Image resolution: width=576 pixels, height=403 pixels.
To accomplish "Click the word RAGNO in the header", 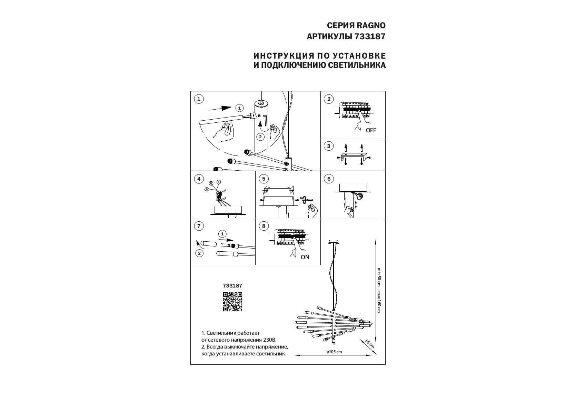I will point(371,26).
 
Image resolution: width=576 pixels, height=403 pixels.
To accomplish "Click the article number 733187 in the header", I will point(370,37).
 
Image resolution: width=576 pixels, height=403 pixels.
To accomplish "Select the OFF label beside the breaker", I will point(371,130).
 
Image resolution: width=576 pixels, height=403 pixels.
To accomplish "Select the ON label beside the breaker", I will point(305,257).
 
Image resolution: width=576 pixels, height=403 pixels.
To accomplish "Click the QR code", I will point(232,302).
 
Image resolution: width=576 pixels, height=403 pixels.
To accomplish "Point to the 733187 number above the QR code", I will point(232,286).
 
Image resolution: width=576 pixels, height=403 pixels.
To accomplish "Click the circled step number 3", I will point(329,146).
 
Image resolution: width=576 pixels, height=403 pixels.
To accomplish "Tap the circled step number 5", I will point(264,179).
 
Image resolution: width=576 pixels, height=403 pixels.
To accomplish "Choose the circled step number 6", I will point(329,179).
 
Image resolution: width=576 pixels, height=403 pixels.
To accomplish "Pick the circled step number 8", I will point(264,226).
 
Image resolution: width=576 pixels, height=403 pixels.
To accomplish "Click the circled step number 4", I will point(199,179).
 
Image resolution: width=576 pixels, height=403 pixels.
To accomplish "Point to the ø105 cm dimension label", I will point(334,352).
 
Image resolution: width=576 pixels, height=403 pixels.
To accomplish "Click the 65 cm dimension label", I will point(369,344).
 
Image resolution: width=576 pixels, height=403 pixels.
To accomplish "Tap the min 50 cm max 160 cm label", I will point(379,290).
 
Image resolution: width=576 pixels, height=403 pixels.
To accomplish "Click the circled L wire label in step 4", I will point(219,182).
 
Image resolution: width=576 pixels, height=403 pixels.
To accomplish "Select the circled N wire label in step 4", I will point(207,189).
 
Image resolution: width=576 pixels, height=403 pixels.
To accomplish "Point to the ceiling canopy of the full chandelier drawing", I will point(334,242).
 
